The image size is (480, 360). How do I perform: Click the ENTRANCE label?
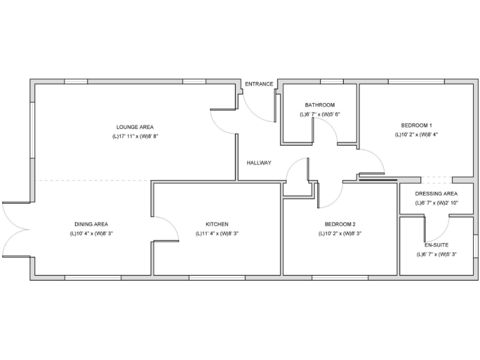258,84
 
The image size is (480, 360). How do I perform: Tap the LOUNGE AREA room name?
134,127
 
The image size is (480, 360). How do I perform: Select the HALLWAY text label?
259,162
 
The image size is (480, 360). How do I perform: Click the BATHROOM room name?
320,104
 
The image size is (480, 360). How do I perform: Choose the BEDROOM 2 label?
340,224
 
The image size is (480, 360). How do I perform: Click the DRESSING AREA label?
436,193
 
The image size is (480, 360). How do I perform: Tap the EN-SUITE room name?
436,245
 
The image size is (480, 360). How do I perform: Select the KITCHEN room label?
217,224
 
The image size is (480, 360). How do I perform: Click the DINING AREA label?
91,224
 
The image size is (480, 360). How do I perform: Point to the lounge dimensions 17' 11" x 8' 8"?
134,136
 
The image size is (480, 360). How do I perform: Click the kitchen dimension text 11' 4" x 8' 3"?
217,233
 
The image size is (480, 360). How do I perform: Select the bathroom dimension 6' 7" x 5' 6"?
320,114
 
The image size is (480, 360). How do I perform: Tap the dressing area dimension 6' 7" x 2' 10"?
436,203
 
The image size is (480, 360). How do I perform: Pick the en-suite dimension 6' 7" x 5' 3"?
436,254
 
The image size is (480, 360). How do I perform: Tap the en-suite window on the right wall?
475,244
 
